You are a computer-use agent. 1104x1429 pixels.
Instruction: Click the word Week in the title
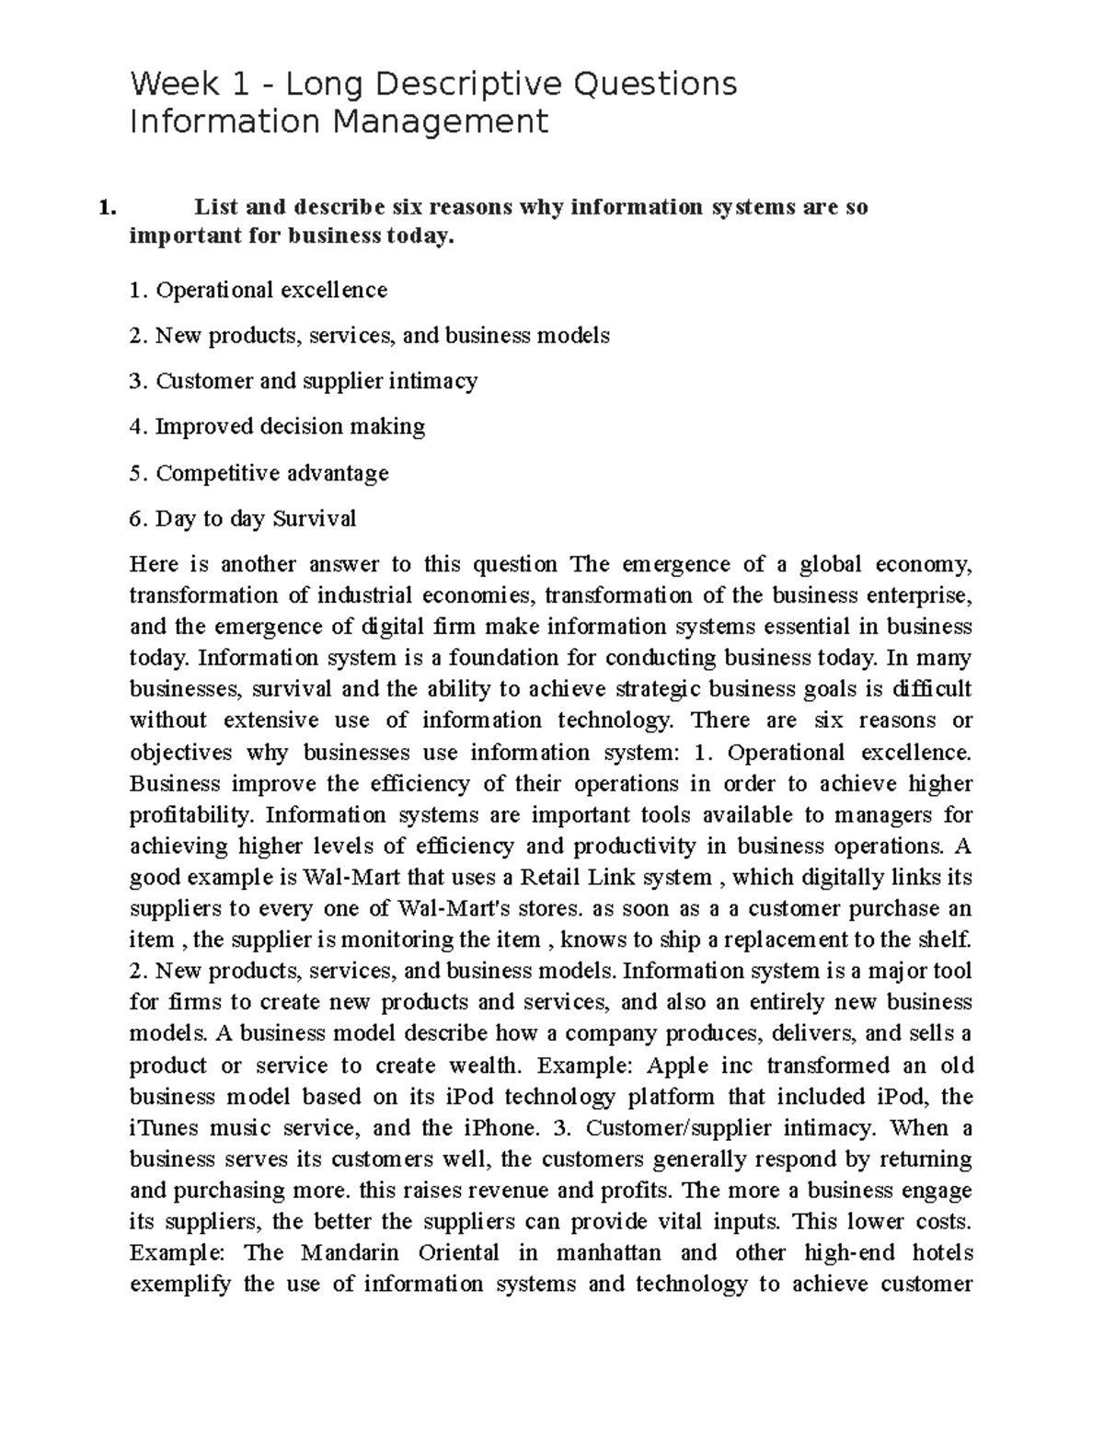pos(175,85)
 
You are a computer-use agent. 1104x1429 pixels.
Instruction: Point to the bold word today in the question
pos(420,237)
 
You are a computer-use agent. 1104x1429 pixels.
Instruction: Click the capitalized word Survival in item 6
pos(314,519)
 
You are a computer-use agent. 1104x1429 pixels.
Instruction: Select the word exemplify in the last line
pos(180,1285)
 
